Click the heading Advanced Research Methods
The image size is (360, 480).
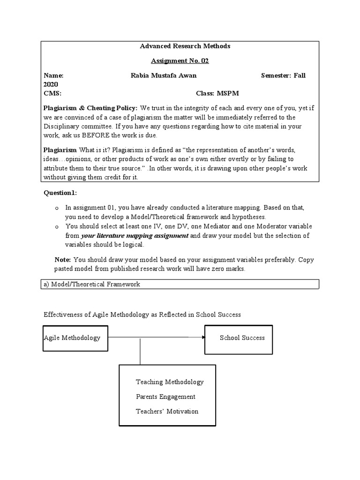[185, 46]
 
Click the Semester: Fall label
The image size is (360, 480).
[283, 75]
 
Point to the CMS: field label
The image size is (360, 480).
[52, 93]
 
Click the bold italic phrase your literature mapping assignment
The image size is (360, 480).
[135, 236]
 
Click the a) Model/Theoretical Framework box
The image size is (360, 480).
[180, 284]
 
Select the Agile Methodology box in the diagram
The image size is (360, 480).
[75, 338]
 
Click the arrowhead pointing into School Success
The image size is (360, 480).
[202, 337]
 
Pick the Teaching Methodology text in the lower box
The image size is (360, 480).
[170, 382]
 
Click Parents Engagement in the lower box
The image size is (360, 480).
[165, 397]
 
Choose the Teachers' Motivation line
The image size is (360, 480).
[167, 412]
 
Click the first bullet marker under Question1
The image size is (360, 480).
[56, 208]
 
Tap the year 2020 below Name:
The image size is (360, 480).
[51, 84]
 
